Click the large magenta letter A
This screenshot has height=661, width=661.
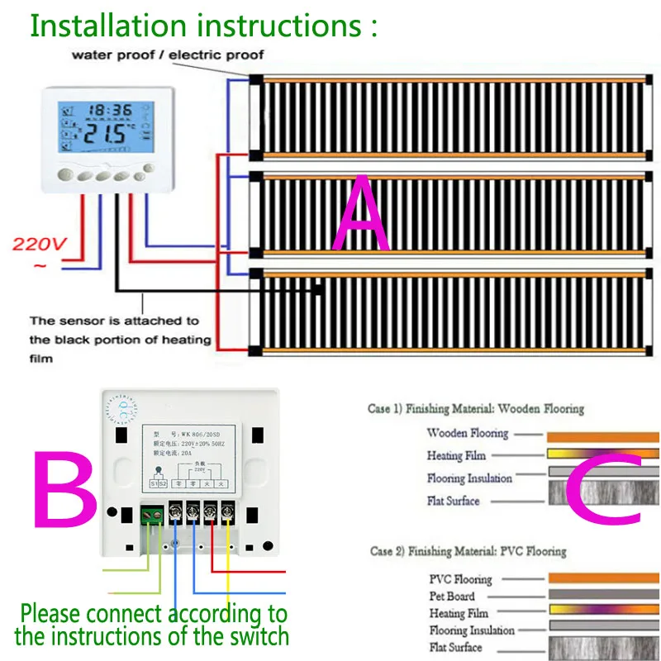[360, 212]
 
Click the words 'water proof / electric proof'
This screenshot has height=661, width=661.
[168, 55]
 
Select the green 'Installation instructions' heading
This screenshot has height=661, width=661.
[203, 25]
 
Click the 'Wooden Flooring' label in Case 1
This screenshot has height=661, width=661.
[467, 433]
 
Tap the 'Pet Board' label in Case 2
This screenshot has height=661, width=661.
[452, 596]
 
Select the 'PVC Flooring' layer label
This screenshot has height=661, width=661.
[460, 579]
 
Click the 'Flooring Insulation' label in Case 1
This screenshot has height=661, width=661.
[469, 478]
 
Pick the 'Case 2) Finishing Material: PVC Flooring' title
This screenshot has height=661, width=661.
[468, 551]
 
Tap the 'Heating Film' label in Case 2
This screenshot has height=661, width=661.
[459, 613]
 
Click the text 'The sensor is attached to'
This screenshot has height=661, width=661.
[114, 321]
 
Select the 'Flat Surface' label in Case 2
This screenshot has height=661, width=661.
[454, 648]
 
